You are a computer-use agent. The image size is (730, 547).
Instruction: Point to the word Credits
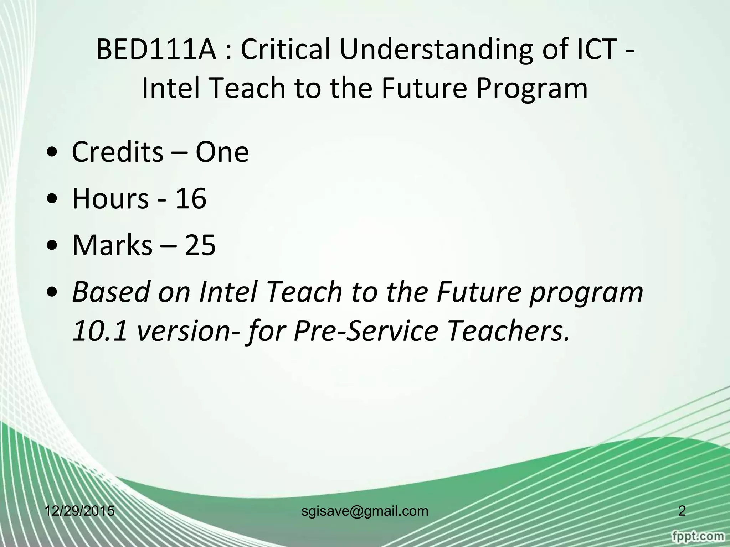point(117,152)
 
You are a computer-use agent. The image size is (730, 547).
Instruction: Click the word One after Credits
point(222,152)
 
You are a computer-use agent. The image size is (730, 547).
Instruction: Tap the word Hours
point(110,199)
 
